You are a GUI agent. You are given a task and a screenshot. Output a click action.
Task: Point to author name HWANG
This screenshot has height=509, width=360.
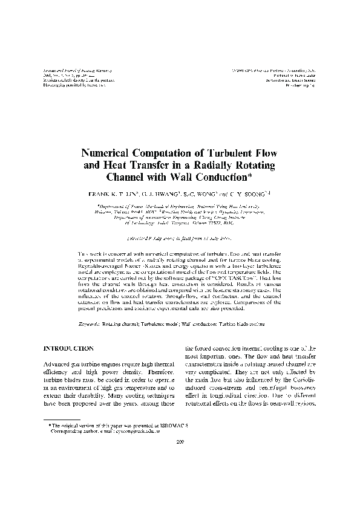pyautogui.click(x=162, y=196)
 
